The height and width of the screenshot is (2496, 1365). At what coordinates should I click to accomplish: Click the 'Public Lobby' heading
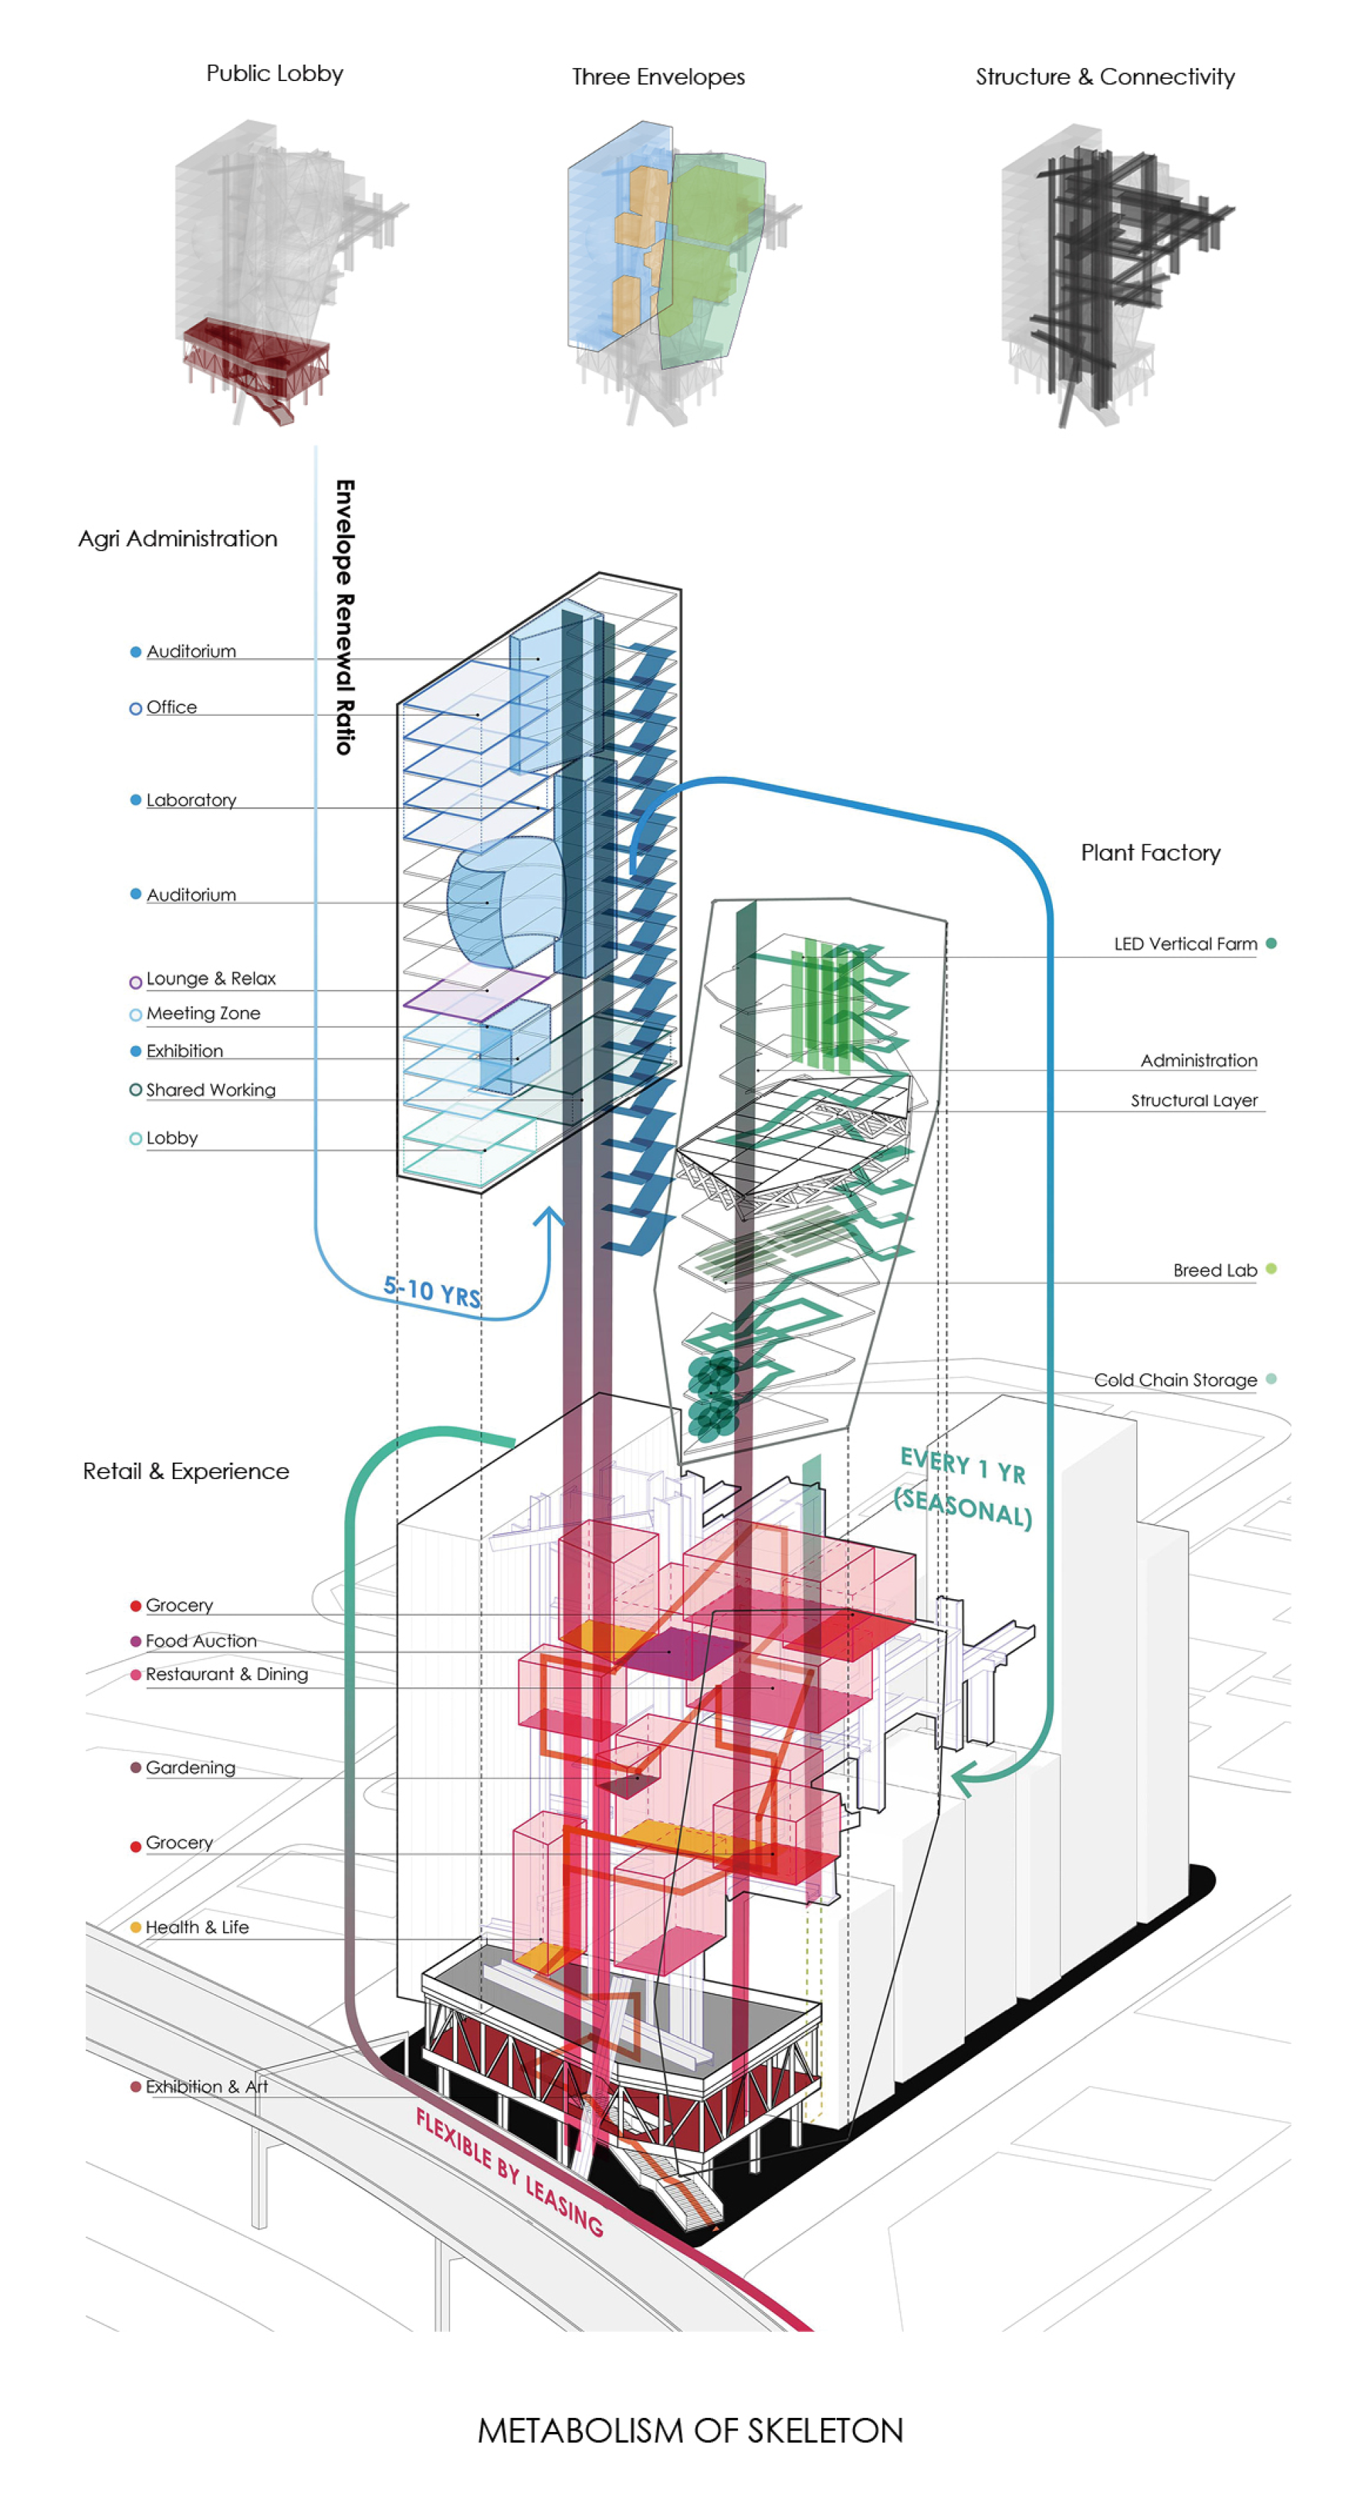pyautogui.click(x=274, y=74)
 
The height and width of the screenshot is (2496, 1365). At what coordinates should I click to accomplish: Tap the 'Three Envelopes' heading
pyautogui.click(x=658, y=77)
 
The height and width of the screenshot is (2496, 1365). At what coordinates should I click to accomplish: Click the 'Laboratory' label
pyautogui.click(x=191, y=800)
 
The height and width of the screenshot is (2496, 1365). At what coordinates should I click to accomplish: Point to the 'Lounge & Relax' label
pyautogui.click(x=210, y=979)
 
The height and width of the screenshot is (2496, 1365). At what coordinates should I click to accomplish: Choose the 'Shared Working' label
pyautogui.click(x=210, y=1090)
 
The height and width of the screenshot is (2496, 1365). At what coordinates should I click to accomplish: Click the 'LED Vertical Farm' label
pyautogui.click(x=1184, y=944)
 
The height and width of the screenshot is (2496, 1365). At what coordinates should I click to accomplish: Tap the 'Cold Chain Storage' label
pyautogui.click(x=1175, y=1379)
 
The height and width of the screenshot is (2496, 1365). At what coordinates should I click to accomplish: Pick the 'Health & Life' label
pyautogui.click(x=197, y=1928)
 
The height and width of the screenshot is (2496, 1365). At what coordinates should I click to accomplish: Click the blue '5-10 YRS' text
pyautogui.click(x=432, y=1291)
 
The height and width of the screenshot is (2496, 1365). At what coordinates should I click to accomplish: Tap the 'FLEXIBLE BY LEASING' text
pyautogui.click(x=510, y=2171)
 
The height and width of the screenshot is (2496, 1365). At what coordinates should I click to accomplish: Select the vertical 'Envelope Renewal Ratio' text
pyautogui.click(x=344, y=616)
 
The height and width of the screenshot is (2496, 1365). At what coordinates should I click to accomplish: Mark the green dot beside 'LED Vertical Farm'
pyautogui.click(x=1271, y=944)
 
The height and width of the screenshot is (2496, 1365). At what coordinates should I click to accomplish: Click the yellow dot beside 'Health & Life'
pyautogui.click(x=136, y=1928)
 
